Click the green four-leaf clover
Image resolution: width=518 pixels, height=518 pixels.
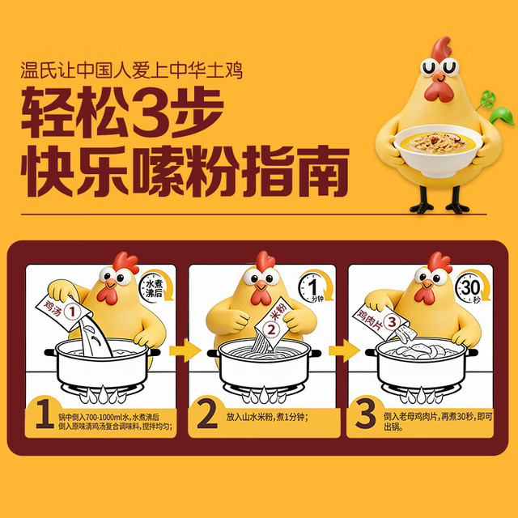click(x=487, y=99)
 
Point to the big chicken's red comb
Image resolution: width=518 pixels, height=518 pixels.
click(x=441, y=49)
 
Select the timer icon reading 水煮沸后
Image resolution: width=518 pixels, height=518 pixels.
click(x=155, y=286)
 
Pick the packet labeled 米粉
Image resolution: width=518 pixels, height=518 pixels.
click(x=274, y=322)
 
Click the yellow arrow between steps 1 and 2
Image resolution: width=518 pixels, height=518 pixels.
click(x=185, y=350)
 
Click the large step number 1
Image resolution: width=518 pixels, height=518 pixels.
click(x=45, y=414)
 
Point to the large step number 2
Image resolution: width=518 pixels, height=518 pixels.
click(x=207, y=414)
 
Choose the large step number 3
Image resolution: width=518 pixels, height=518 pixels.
click(x=365, y=414)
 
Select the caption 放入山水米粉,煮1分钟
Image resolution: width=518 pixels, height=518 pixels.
click(x=267, y=417)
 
